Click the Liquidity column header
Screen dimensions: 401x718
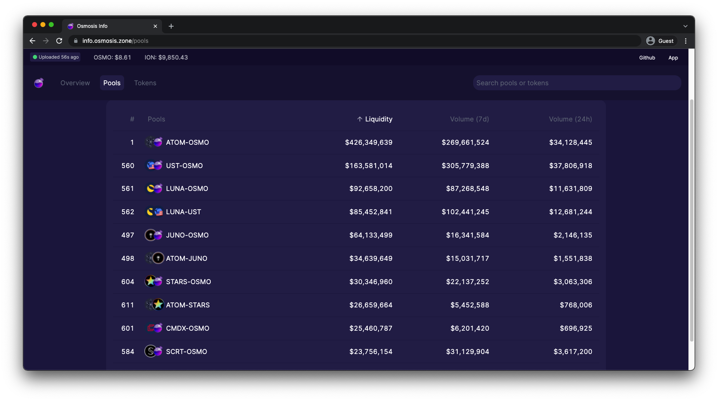[375, 119]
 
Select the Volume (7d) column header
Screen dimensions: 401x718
[469, 119]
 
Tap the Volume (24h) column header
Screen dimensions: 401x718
[570, 119]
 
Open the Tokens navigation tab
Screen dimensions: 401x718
[145, 83]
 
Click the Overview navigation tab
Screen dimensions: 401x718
[75, 83]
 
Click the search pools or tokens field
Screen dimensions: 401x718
[577, 83]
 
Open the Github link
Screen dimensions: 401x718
[647, 58]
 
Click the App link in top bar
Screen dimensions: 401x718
[673, 58]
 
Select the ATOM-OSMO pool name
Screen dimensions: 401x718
[187, 143]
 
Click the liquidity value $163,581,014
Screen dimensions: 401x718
[369, 166]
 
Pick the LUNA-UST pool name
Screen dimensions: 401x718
[183, 212]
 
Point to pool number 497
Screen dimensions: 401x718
[127, 235]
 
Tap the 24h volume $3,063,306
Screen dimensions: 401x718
[573, 282]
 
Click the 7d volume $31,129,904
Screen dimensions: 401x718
[467, 352]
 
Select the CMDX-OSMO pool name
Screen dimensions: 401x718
[187, 329]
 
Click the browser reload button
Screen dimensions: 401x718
[59, 41]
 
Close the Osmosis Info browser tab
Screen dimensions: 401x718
[155, 26]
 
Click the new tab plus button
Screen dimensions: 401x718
[171, 26]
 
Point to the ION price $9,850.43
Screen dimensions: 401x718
[166, 58]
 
